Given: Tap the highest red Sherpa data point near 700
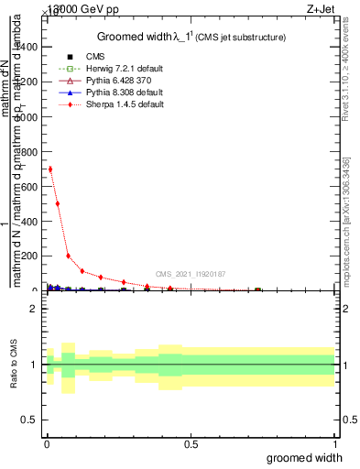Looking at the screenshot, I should click(50, 169).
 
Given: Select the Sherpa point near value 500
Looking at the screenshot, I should click(58, 203).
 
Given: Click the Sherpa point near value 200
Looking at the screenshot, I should click(68, 256).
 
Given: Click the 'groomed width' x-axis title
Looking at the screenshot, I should click(304, 457).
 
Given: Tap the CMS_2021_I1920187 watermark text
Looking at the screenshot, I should click(191, 274).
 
